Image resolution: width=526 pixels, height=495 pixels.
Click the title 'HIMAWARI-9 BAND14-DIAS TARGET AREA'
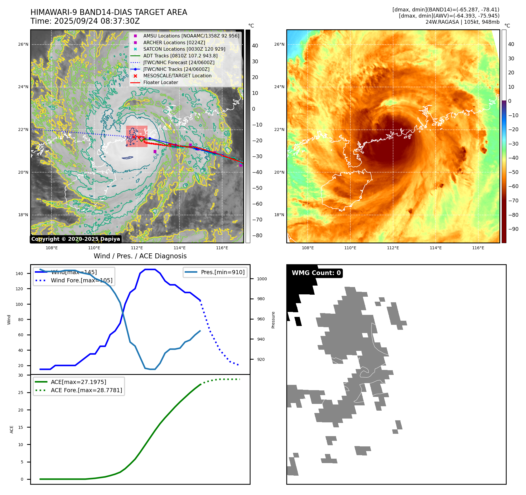pyautogui.click(x=109, y=12)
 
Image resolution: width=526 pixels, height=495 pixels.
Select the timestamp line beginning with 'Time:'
pyautogui.click(x=85, y=21)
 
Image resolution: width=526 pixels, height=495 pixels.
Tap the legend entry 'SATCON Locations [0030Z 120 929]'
pyautogui.click(x=184, y=49)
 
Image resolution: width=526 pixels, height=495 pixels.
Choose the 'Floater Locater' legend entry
pyautogui.click(x=160, y=83)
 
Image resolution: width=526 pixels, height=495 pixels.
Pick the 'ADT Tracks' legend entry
pyautogui.click(x=180, y=56)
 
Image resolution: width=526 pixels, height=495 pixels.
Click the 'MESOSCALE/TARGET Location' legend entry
pyautogui.click(x=177, y=76)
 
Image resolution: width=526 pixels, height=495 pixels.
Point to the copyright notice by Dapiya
pyautogui.click(x=76, y=239)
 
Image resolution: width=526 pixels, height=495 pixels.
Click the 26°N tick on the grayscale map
pyautogui.click(x=23, y=45)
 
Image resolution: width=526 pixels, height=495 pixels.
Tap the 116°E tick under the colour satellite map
pyautogui.click(x=478, y=248)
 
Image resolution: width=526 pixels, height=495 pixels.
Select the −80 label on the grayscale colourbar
pyautogui.click(x=257, y=235)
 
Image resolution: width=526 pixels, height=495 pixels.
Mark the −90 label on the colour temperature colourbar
pyautogui.click(x=513, y=229)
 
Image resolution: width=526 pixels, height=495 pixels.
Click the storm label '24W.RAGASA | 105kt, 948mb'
pyautogui.click(x=462, y=22)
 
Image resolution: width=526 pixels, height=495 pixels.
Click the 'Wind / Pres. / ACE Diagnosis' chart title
pyautogui.click(x=140, y=256)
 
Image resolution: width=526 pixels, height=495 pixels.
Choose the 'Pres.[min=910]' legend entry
pyautogui.click(x=222, y=272)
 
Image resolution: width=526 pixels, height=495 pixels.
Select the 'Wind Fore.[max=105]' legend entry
pyautogui.click(x=81, y=280)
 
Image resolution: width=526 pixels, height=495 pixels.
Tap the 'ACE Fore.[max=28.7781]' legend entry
pyautogui.click(x=86, y=390)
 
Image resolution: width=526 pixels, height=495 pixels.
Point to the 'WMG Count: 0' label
pyautogui.click(x=316, y=273)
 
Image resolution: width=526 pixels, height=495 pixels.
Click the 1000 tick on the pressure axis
pyautogui.click(x=262, y=279)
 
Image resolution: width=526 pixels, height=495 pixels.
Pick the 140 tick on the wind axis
pyautogui.click(x=19, y=274)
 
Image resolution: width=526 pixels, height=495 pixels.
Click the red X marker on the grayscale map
pyautogui.click(x=134, y=137)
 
